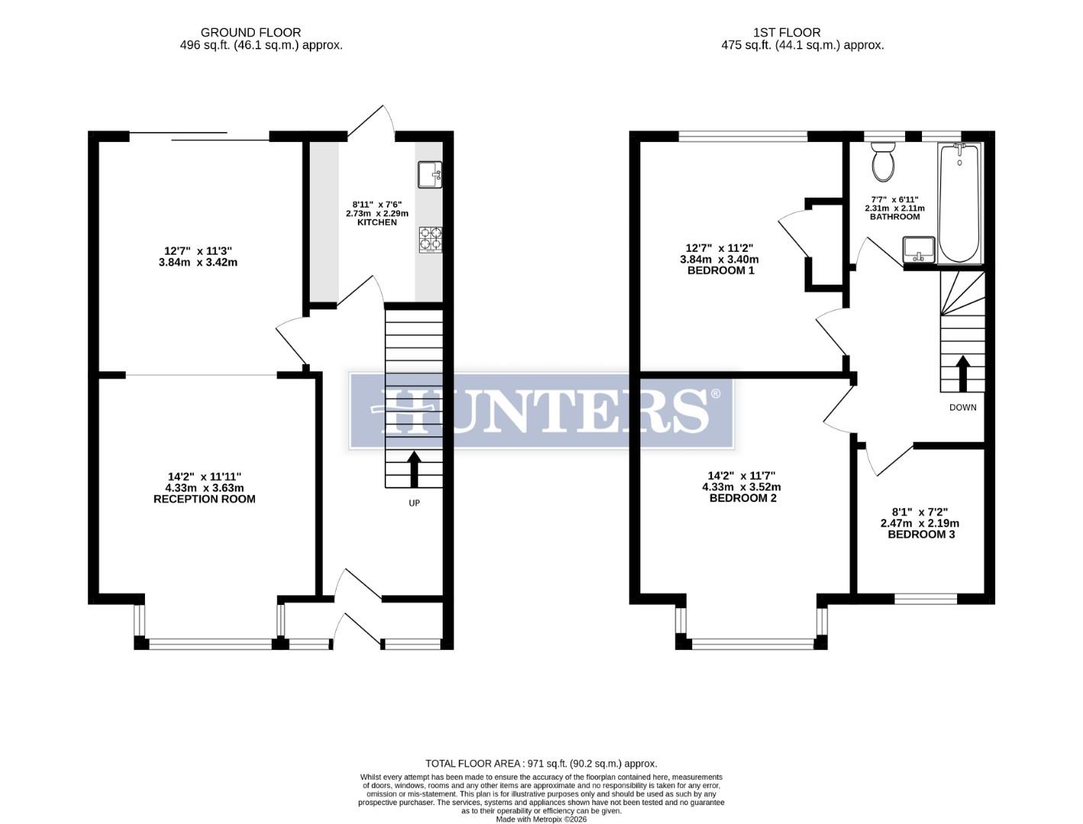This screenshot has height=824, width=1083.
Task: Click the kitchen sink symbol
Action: [430, 175]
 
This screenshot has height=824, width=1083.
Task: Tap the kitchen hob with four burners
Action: [430, 240]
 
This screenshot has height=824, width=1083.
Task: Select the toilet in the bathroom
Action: [884, 163]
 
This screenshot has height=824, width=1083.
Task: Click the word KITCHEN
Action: [377, 222]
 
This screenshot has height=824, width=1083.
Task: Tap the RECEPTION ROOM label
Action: [205, 499]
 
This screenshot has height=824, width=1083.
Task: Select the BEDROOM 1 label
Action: [720, 270]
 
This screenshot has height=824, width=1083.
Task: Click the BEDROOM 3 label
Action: [920, 534]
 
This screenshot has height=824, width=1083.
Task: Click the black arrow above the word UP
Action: [414, 469]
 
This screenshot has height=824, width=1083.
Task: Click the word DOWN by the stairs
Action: [962, 407]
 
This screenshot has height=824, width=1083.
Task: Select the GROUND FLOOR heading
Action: [250, 32]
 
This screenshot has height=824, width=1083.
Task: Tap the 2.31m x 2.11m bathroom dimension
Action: [894, 208]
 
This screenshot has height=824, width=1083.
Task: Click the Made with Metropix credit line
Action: [541, 819]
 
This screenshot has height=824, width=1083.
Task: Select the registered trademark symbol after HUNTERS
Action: [715, 394]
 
